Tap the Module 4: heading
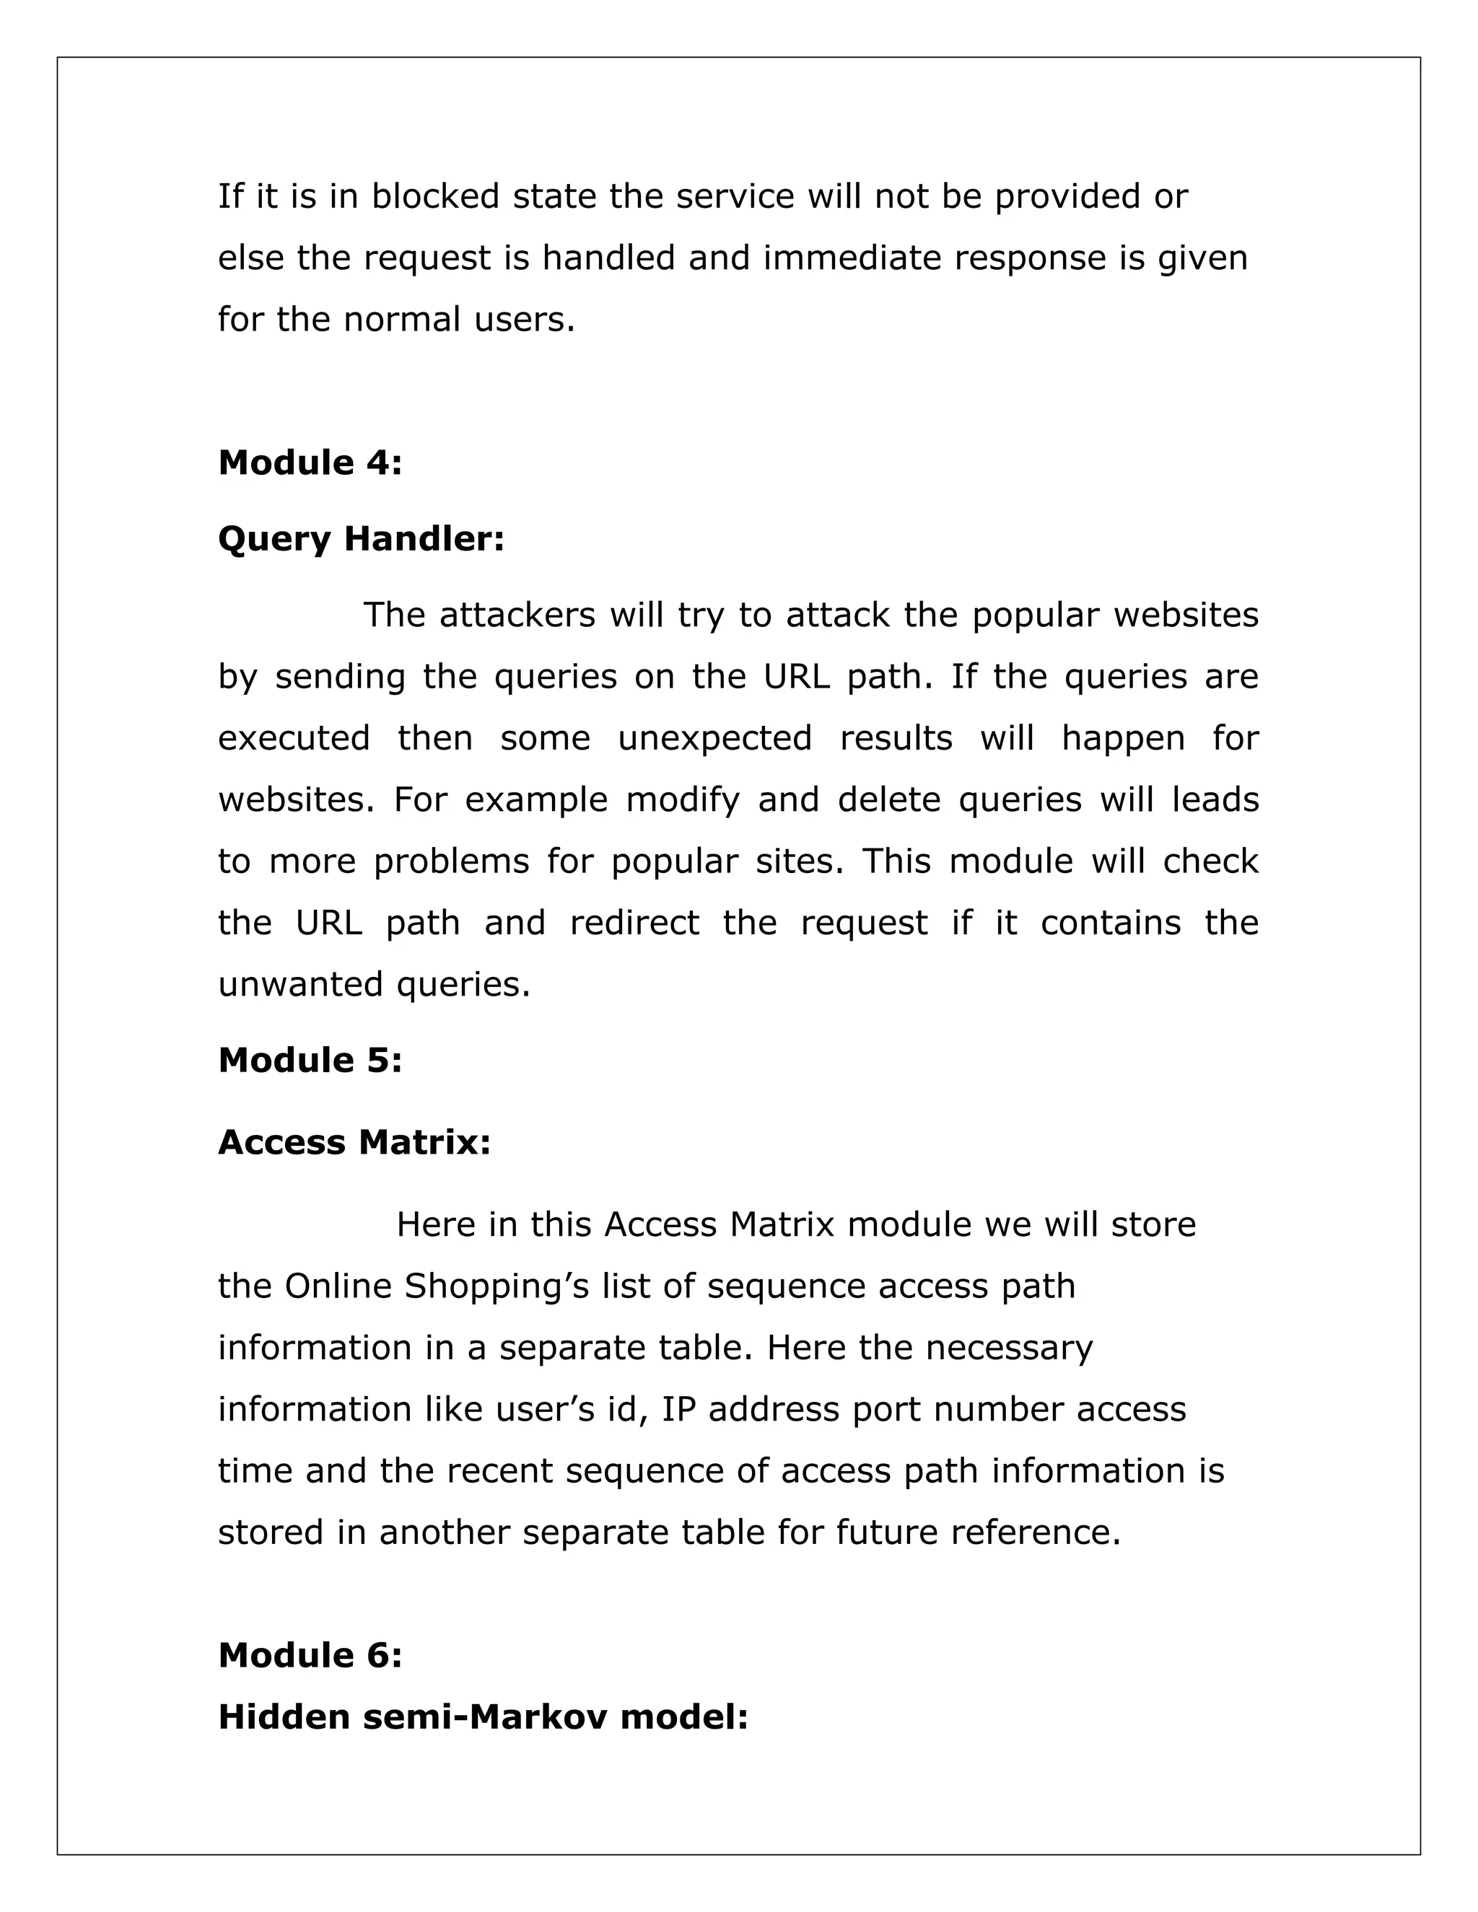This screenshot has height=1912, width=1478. pos(310,462)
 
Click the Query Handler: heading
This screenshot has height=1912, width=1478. pos(361,538)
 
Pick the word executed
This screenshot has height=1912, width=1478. pos(294,738)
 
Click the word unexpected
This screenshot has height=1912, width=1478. pos(715,738)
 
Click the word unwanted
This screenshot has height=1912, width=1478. pos(300,985)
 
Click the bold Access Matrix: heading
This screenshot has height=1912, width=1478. pos(354,1142)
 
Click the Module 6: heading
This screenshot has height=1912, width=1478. pos(310,1655)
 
